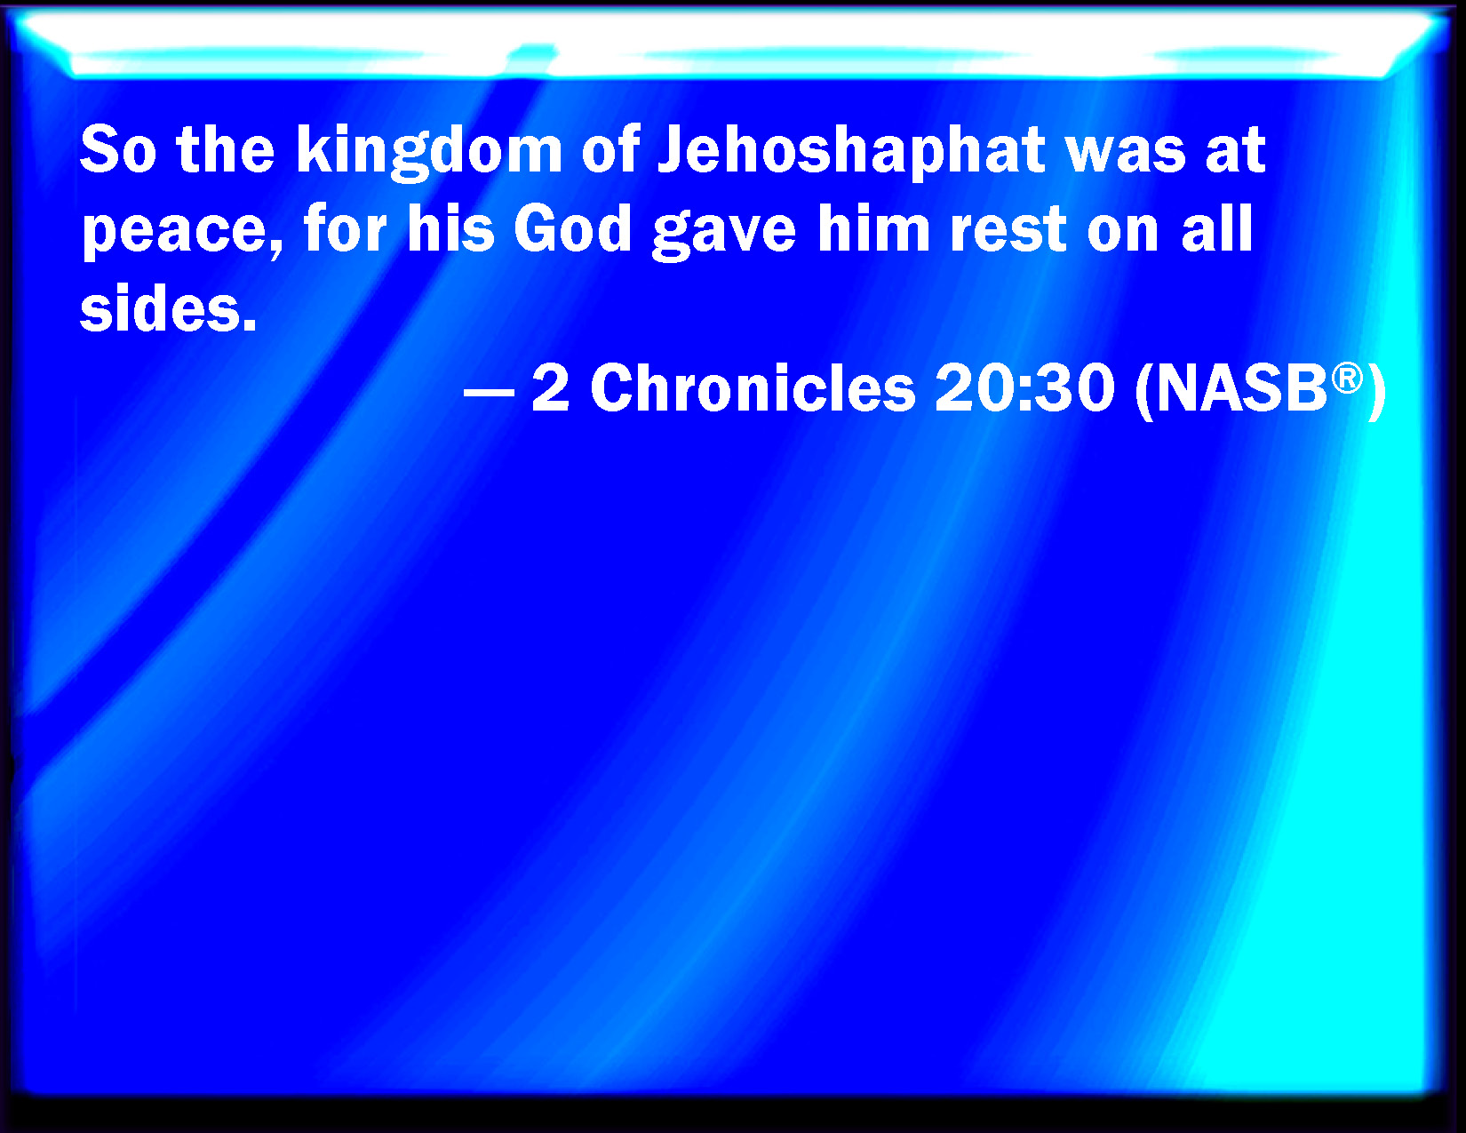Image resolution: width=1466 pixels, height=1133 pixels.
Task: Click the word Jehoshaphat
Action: (x=850, y=152)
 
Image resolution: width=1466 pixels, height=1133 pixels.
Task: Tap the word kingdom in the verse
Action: (x=429, y=152)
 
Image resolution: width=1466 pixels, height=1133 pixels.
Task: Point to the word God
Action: (x=572, y=229)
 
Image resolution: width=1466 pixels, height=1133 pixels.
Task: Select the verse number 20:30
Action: (x=1024, y=388)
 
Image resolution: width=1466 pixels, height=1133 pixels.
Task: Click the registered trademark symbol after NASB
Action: (x=1348, y=378)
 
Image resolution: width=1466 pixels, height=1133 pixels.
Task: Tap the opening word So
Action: (x=118, y=150)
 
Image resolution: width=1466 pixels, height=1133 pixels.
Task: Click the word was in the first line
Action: (x=1126, y=155)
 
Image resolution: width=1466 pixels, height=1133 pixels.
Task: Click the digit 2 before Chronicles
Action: (x=551, y=388)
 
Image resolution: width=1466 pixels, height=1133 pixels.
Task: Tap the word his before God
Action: (x=450, y=228)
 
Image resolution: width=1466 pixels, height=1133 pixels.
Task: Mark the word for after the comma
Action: (x=345, y=228)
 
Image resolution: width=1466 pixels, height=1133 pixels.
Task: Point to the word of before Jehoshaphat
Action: (x=610, y=150)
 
